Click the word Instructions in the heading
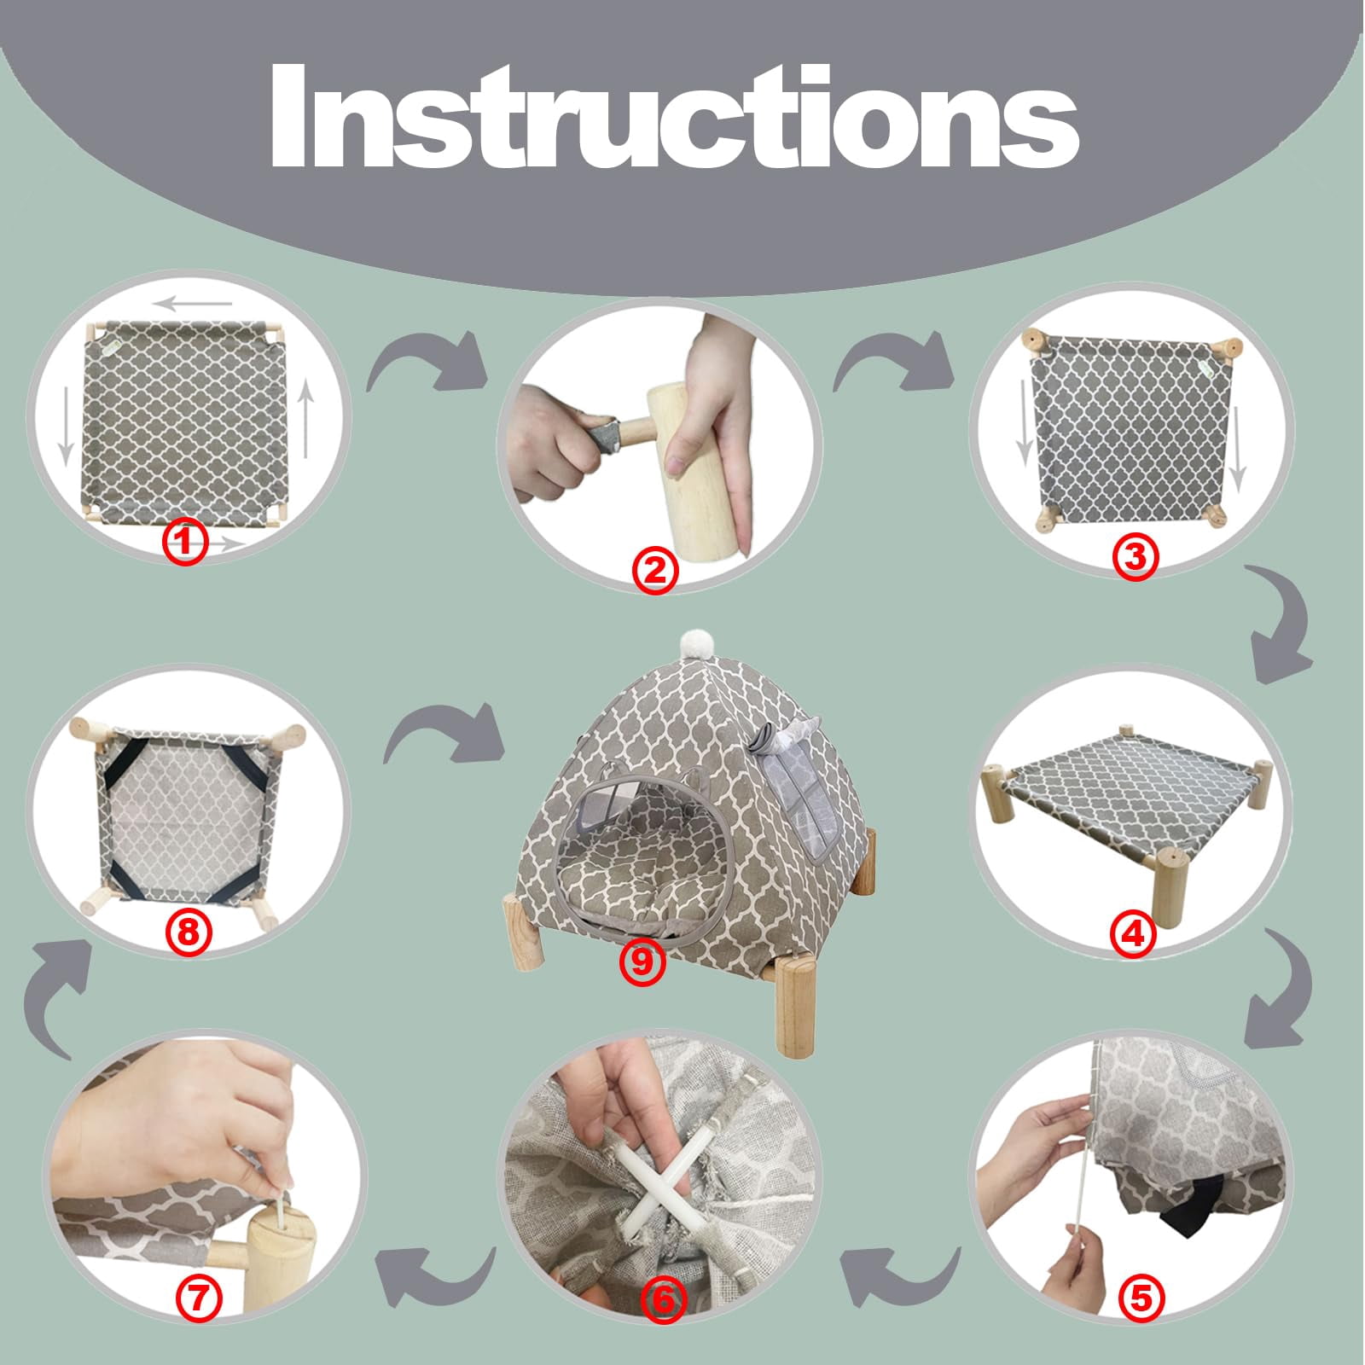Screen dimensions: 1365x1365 [x=674, y=115]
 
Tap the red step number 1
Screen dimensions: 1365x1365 [x=186, y=541]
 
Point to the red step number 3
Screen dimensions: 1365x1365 [x=1136, y=556]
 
